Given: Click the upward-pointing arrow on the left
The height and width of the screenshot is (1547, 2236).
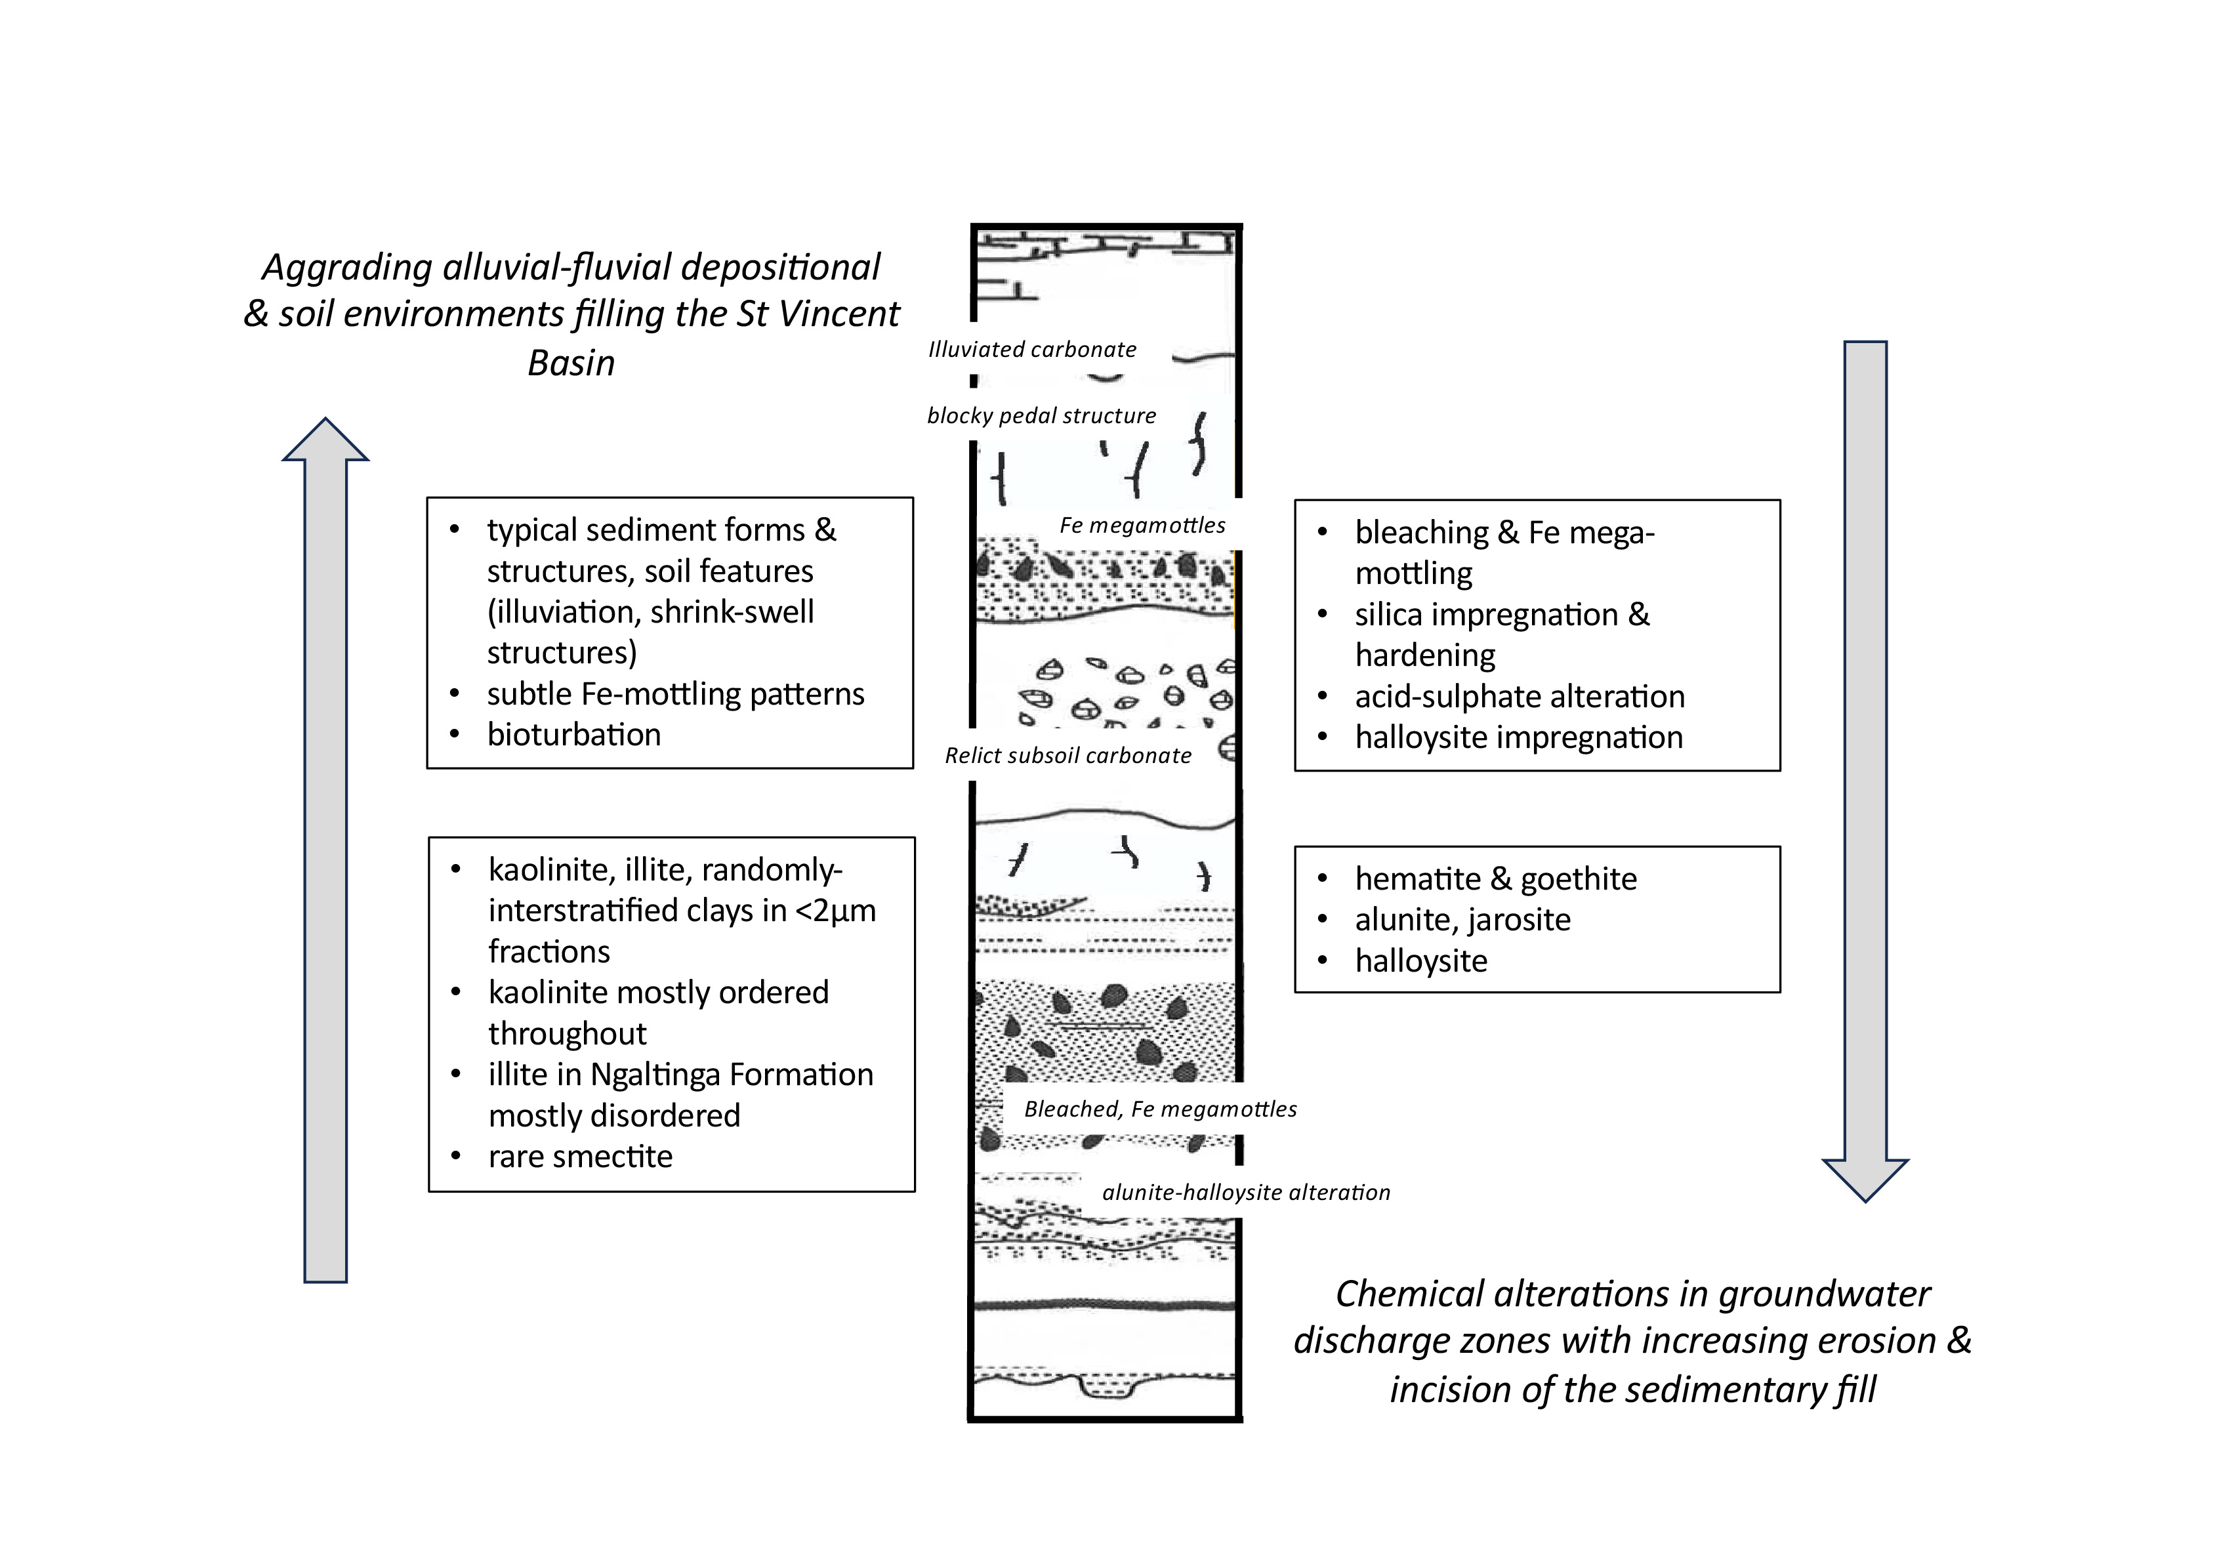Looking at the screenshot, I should point(325,853).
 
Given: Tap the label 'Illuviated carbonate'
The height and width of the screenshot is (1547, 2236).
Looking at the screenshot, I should point(1032,350).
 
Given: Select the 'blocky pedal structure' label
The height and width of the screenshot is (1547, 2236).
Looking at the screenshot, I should point(1041,416).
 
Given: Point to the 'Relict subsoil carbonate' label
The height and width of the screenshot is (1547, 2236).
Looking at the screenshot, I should point(1068,756).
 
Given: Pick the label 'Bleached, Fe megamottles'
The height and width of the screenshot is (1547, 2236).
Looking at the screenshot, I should point(1160,1109).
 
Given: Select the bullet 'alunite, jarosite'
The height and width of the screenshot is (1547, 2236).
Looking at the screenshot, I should point(1462,919).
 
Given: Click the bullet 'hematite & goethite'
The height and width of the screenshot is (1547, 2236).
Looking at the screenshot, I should point(1495,878).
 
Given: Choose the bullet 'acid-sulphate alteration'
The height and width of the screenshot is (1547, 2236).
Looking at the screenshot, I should point(1520,696).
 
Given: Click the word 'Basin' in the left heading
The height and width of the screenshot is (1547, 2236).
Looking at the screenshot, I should point(571,363).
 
